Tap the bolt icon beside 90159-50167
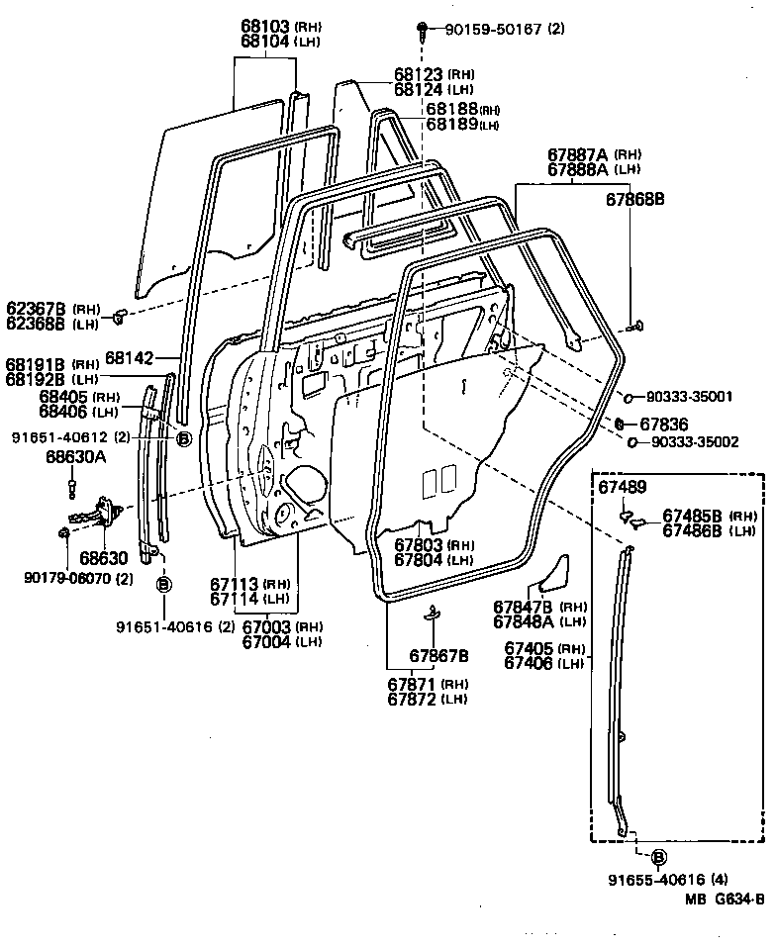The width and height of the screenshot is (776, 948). (423, 28)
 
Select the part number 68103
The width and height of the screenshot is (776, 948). (264, 25)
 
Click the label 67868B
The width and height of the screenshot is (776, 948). (634, 199)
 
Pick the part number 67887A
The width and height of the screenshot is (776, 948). (578, 154)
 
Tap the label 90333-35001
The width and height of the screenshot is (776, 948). (692, 397)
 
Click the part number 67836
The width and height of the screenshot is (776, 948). (661, 424)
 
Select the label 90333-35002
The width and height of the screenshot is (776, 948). (694, 441)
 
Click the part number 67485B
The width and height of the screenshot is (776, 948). (695, 516)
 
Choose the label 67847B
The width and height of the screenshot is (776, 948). (524, 607)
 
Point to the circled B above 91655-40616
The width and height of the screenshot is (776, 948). (658, 857)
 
